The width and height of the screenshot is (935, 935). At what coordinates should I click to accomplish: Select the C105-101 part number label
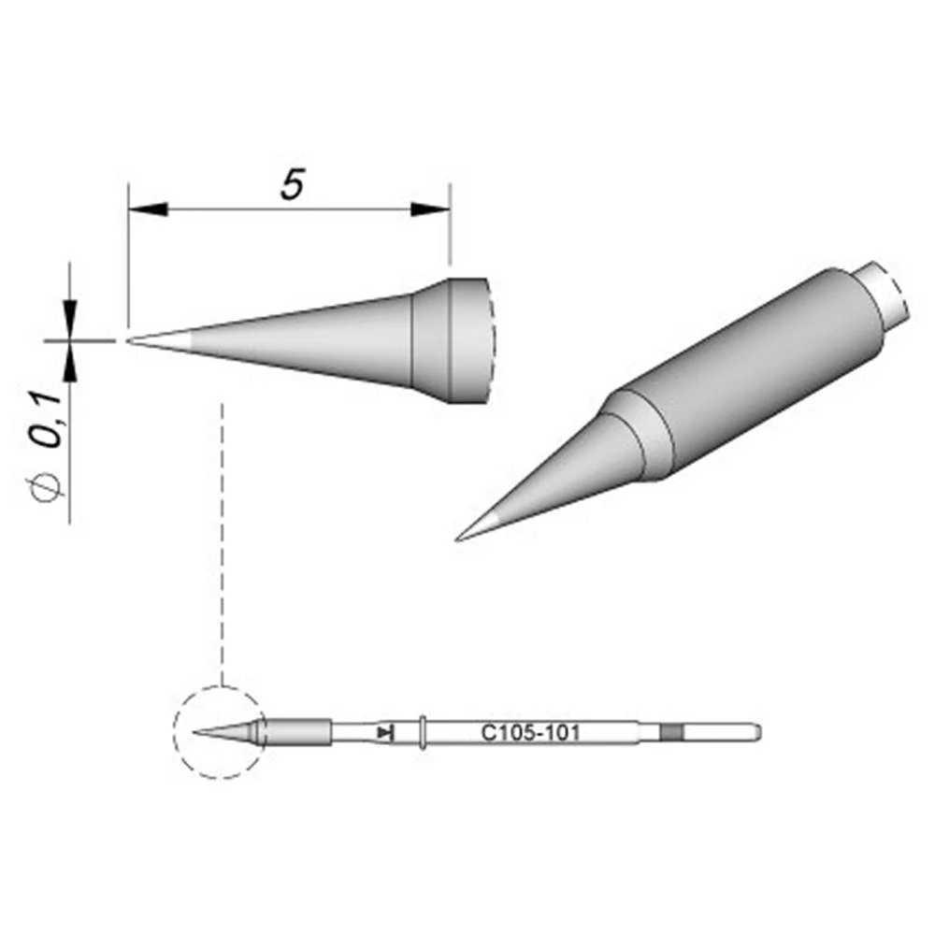pyautogui.click(x=530, y=733)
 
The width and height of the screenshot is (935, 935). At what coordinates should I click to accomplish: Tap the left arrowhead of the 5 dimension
pyautogui.click(x=146, y=209)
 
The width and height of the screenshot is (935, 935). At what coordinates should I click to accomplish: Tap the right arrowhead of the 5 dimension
pyautogui.click(x=431, y=209)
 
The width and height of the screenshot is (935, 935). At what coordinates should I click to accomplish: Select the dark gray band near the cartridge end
pyautogui.click(x=671, y=732)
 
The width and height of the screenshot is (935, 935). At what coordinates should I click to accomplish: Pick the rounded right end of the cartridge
pyautogui.click(x=757, y=732)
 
